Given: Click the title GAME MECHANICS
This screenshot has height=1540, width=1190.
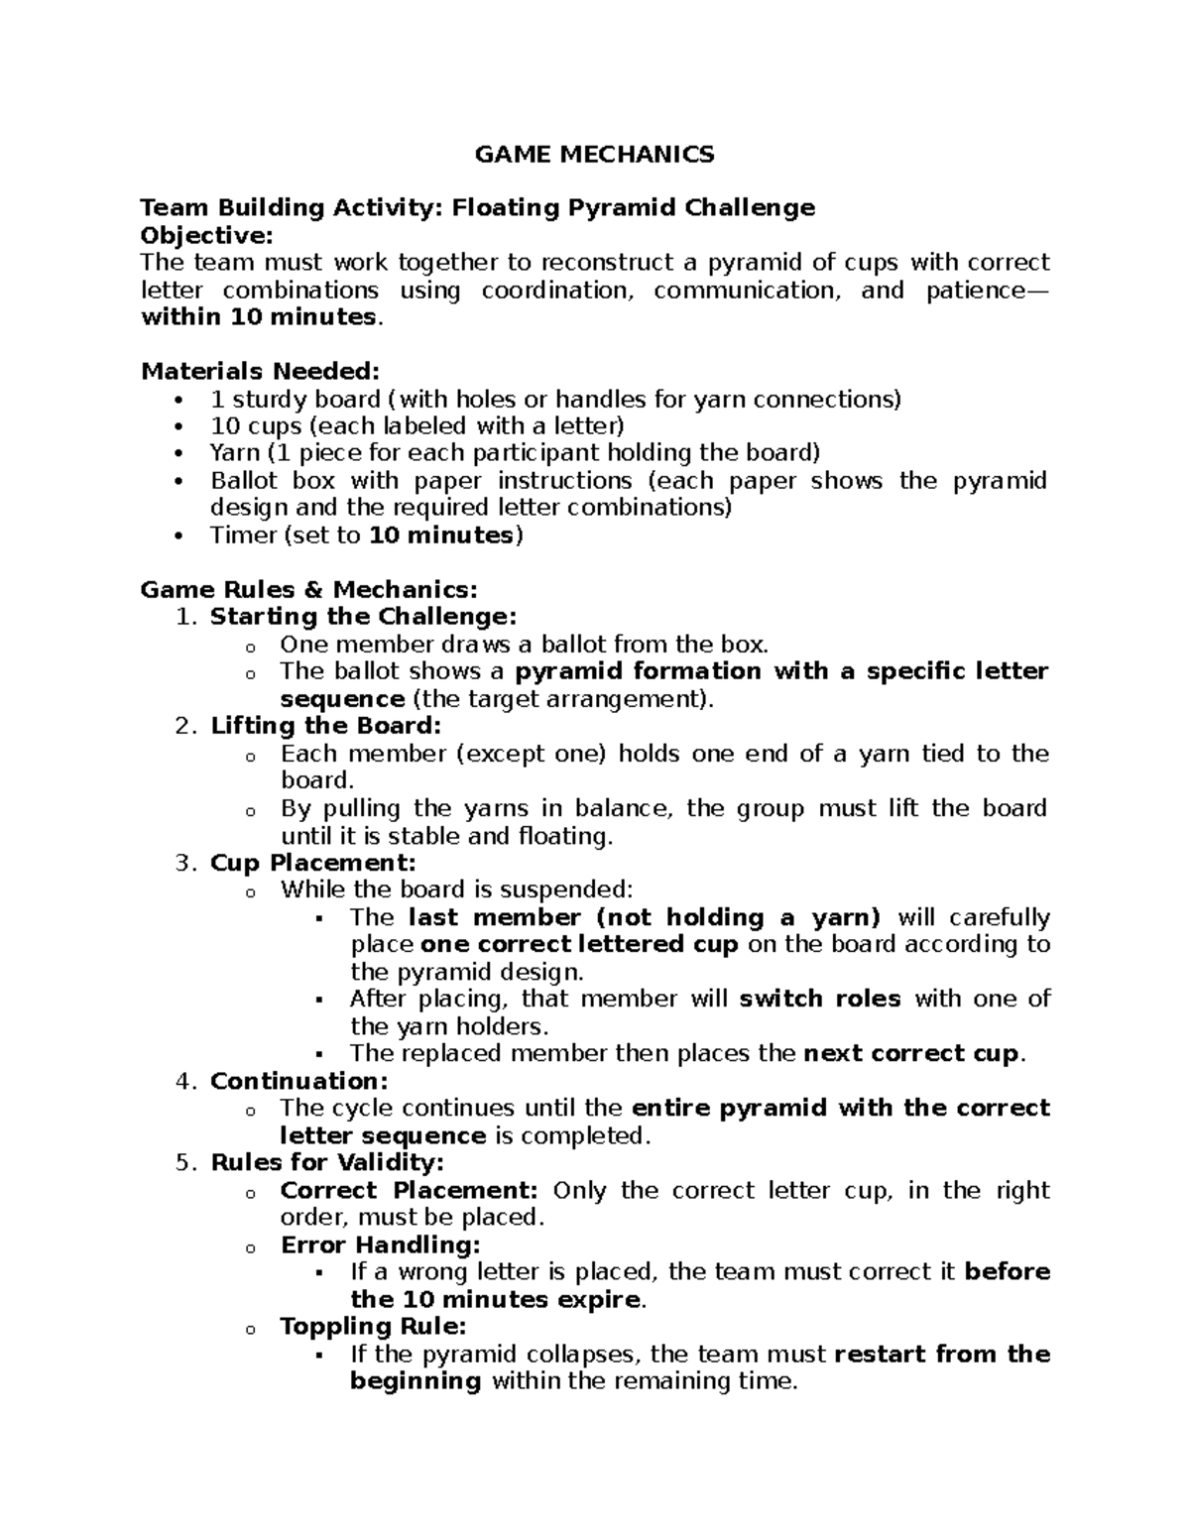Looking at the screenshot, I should click(x=594, y=154).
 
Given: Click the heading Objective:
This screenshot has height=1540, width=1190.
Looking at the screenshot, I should click(x=206, y=235).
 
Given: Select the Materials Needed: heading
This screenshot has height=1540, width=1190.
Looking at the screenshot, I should click(x=260, y=371).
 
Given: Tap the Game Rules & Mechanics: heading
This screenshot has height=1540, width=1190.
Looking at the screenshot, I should click(x=308, y=589).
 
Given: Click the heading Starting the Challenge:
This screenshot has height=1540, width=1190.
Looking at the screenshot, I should click(x=363, y=617).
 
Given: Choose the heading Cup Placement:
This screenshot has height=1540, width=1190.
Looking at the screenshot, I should click(x=312, y=863).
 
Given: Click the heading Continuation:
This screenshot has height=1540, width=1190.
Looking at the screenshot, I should click(x=298, y=1081).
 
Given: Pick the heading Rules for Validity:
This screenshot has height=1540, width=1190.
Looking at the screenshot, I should click(x=327, y=1162).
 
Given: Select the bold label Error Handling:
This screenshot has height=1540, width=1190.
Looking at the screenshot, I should click(x=380, y=1244).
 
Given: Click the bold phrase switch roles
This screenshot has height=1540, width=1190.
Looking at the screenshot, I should click(x=820, y=999).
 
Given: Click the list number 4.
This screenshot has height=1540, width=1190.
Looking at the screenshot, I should click(x=182, y=1081).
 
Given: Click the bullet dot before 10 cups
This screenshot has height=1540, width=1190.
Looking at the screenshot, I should click(x=178, y=427).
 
